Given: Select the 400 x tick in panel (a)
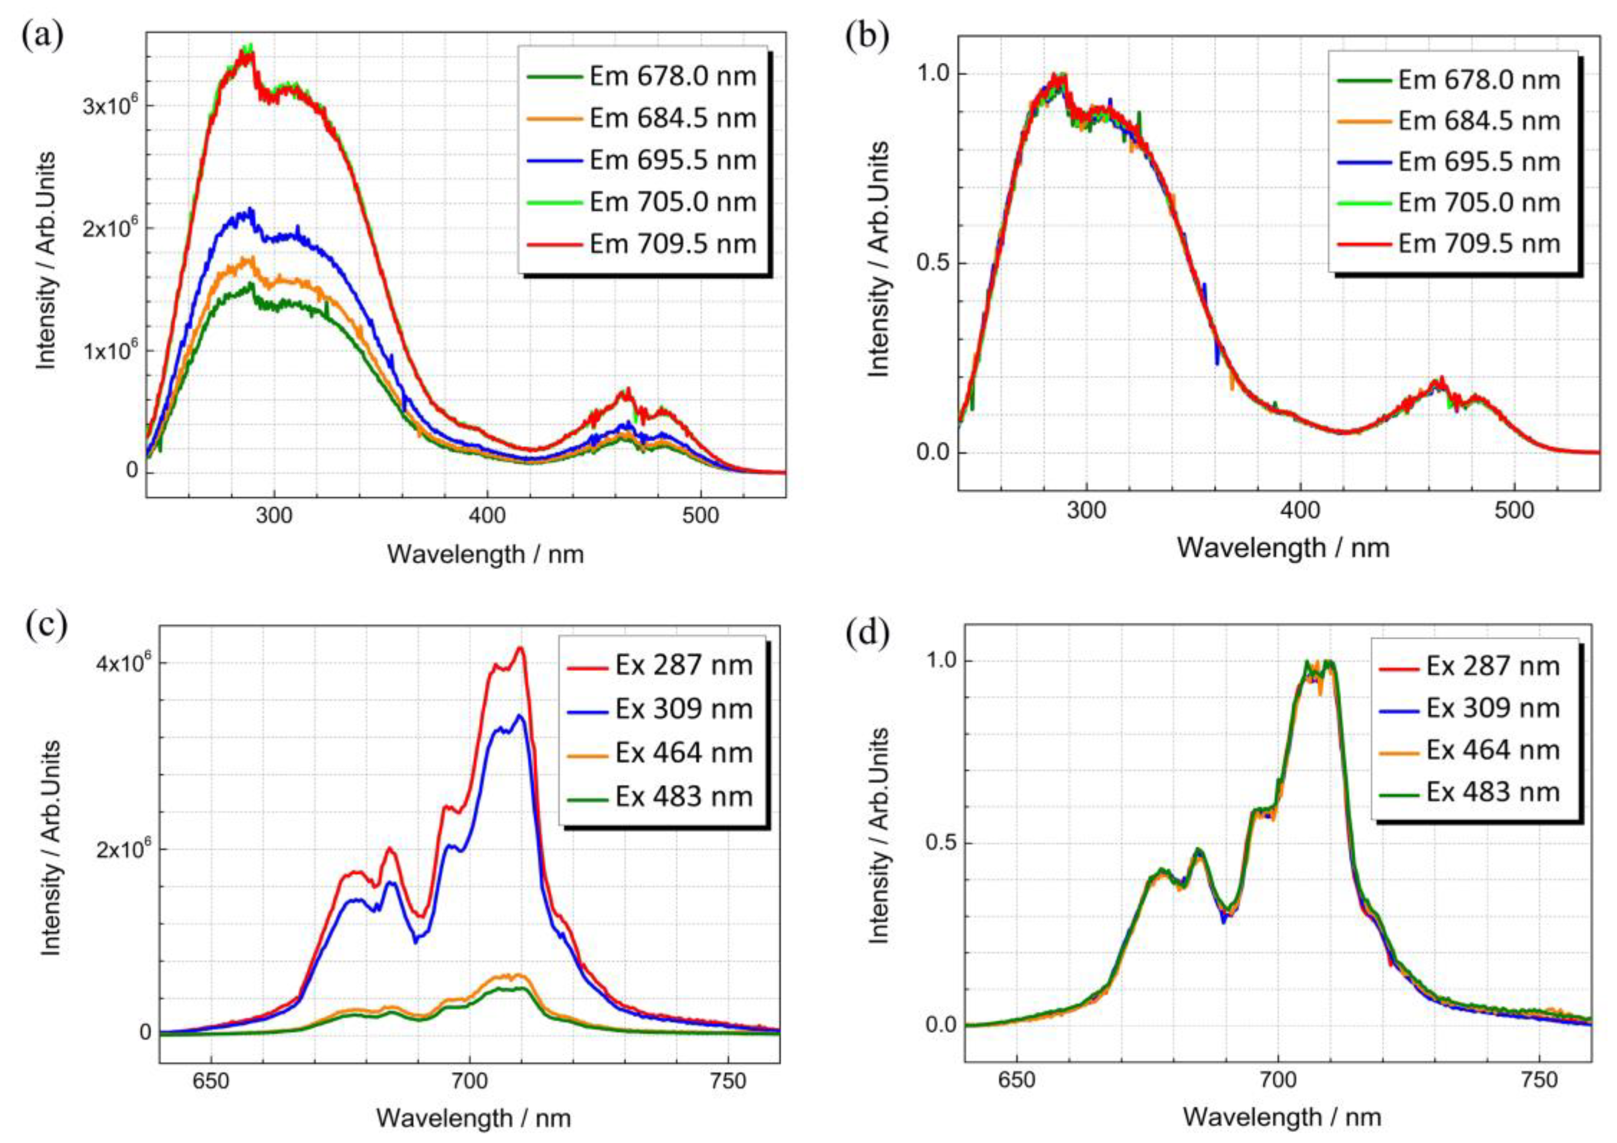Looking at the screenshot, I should (x=487, y=516).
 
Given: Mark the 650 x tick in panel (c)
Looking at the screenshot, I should (x=210, y=1080).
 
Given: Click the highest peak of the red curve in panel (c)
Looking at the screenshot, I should (x=520, y=648).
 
